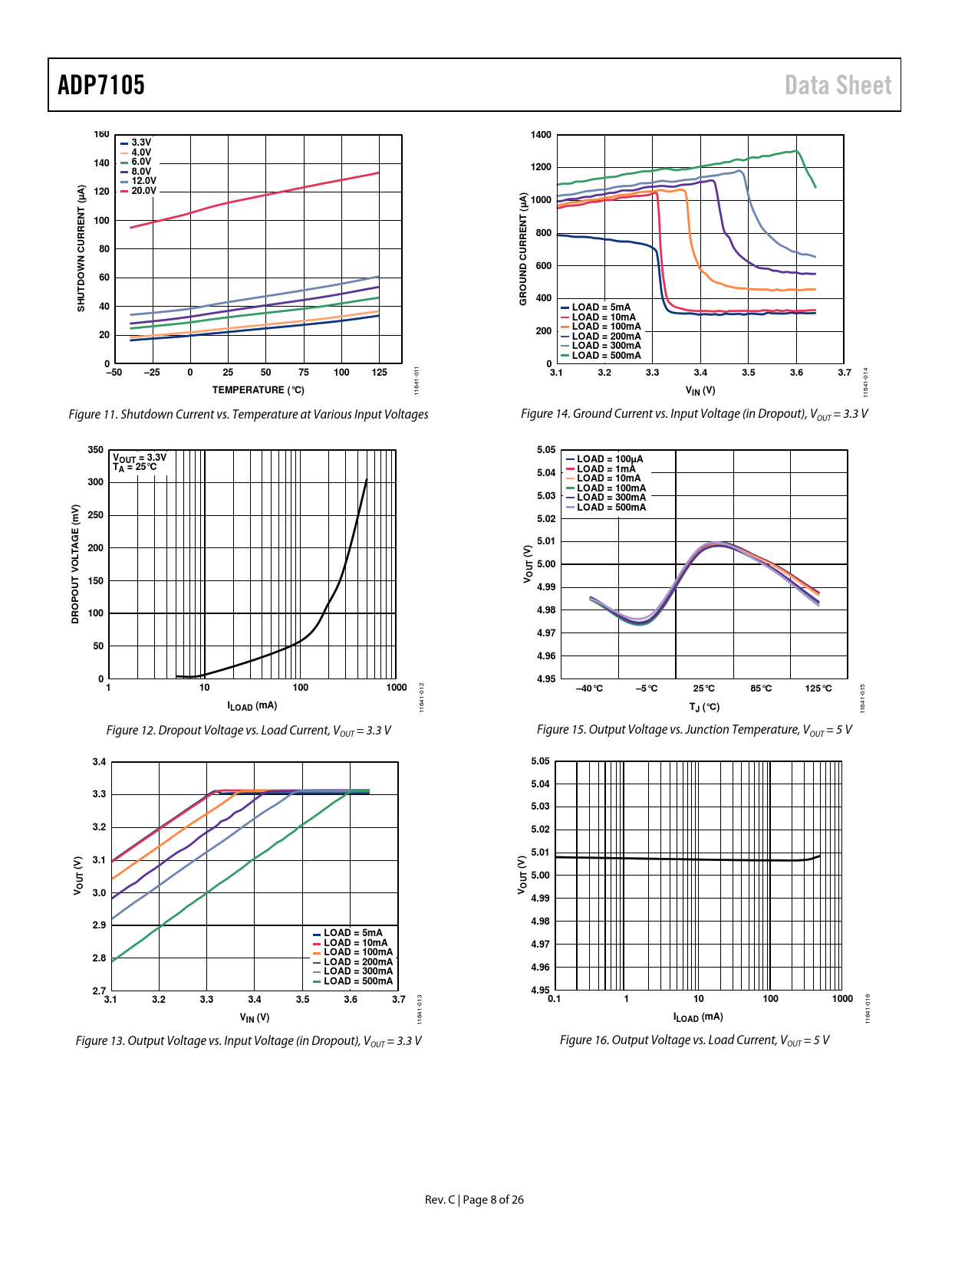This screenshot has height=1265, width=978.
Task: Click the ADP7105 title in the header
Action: click(x=101, y=85)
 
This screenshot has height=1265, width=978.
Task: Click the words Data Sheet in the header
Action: click(x=838, y=85)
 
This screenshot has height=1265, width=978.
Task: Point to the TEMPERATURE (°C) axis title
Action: click(x=258, y=390)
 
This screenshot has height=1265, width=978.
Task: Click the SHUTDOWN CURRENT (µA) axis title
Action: click(x=81, y=248)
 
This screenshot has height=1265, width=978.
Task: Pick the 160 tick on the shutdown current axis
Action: click(x=101, y=135)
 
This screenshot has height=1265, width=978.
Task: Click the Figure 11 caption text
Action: click(x=249, y=415)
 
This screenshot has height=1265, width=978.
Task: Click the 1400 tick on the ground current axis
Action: click(x=541, y=135)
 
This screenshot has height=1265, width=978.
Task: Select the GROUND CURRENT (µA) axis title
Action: click(x=524, y=248)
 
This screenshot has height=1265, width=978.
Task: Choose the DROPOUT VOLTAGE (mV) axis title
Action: click(x=75, y=564)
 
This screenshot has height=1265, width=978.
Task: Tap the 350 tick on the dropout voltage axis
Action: click(x=96, y=450)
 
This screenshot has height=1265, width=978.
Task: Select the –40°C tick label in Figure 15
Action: click(x=589, y=688)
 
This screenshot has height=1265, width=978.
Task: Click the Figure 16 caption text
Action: click(x=694, y=1040)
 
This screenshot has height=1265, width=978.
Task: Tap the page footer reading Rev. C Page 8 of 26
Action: click(x=474, y=1200)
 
